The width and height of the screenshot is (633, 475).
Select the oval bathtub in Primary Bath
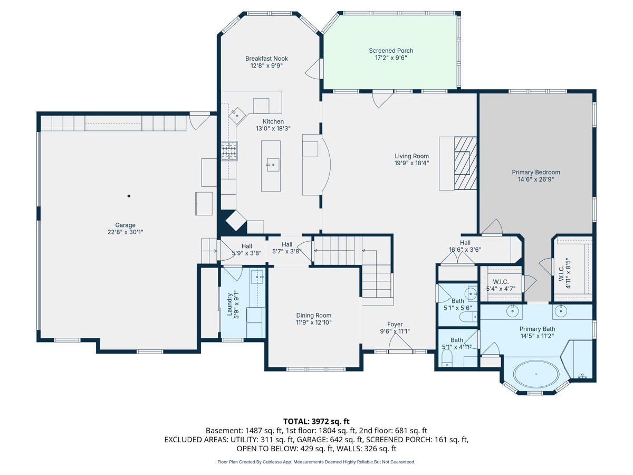pos(536,374)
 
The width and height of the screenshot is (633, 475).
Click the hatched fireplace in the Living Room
pos(465,163)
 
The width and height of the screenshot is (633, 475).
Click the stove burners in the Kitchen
pos(229,151)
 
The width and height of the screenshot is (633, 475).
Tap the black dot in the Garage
pos(129,196)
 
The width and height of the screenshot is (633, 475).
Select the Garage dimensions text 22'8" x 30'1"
pos(125,232)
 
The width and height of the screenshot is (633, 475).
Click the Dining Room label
pos(314,316)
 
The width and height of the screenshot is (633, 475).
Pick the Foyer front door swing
pos(400,344)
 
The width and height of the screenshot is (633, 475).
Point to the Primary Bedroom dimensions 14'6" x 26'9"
pos(536,179)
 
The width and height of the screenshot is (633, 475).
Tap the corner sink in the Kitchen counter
pos(237,115)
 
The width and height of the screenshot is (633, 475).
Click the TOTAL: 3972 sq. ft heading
pos(316,422)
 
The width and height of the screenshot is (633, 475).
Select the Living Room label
pos(411,156)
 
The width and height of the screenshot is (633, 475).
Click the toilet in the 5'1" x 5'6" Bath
pos(468,318)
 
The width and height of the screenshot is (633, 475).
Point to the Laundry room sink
pos(257,277)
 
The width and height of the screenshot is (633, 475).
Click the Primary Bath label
pos(537,329)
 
